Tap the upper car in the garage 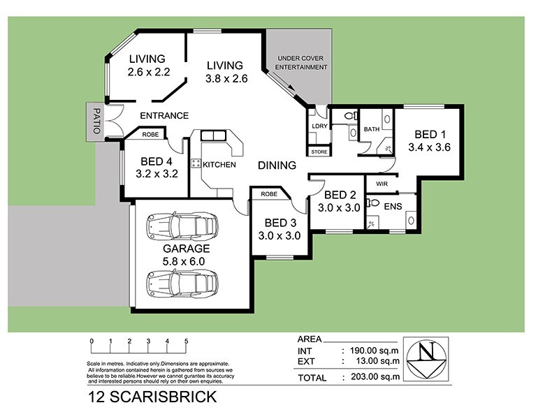coord(182,226)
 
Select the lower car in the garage coord(182,283)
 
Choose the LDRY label coord(319,126)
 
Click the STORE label coord(319,152)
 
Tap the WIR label coord(382,184)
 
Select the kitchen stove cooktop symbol coord(196,164)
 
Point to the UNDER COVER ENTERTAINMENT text coord(302,62)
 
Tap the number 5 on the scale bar coord(186,341)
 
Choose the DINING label coord(277,166)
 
